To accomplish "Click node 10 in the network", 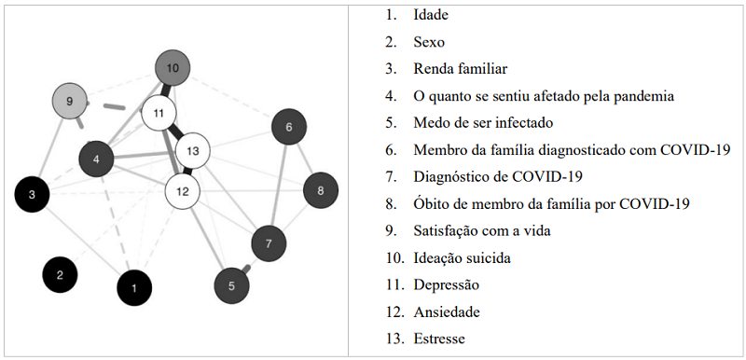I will pos(172,68).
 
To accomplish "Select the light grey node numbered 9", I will pos(69,99).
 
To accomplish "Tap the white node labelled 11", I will pos(159,113).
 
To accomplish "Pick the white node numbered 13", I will pos(193,149).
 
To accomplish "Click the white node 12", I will pos(183,190).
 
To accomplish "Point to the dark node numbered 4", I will pos(97,159).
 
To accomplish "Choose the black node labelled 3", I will pos(32,194).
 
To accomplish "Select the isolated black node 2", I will pos(60,274).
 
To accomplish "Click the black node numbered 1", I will pos(134,287).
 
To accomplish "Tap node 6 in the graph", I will pos(289,127).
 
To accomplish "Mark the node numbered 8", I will pos(321,191).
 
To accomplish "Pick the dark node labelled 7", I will pos(269,243).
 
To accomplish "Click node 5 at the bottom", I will pos(231,285).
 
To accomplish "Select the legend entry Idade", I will pos(433,16).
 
